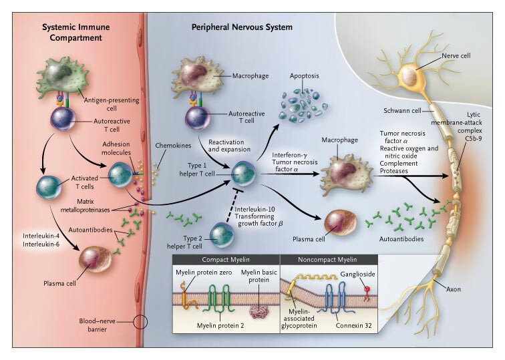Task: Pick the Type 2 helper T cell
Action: point(221,234)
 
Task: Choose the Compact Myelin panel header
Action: point(224,259)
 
